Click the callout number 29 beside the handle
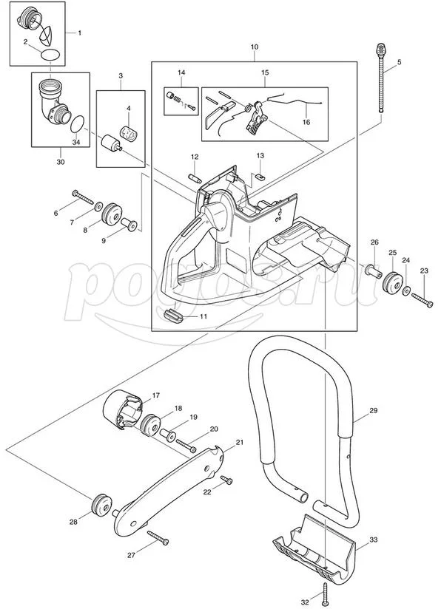click(373, 410)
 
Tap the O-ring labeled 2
click(50, 55)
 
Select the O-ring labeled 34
click(78, 124)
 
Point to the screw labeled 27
click(158, 538)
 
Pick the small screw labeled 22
click(226, 480)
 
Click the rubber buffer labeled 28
click(101, 504)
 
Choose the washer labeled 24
click(407, 290)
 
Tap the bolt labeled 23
click(422, 300)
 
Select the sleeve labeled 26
click(372, 271)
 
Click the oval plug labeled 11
click(174, 315)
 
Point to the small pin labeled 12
click(195, 178)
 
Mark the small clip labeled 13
click(260, 176)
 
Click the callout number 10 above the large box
click(255, 47)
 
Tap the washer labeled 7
click(98, 205)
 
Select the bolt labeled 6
click(82, 197)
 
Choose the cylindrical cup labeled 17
click(122, 409)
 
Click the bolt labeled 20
click(186, 445)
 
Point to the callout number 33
click(373, 540)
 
